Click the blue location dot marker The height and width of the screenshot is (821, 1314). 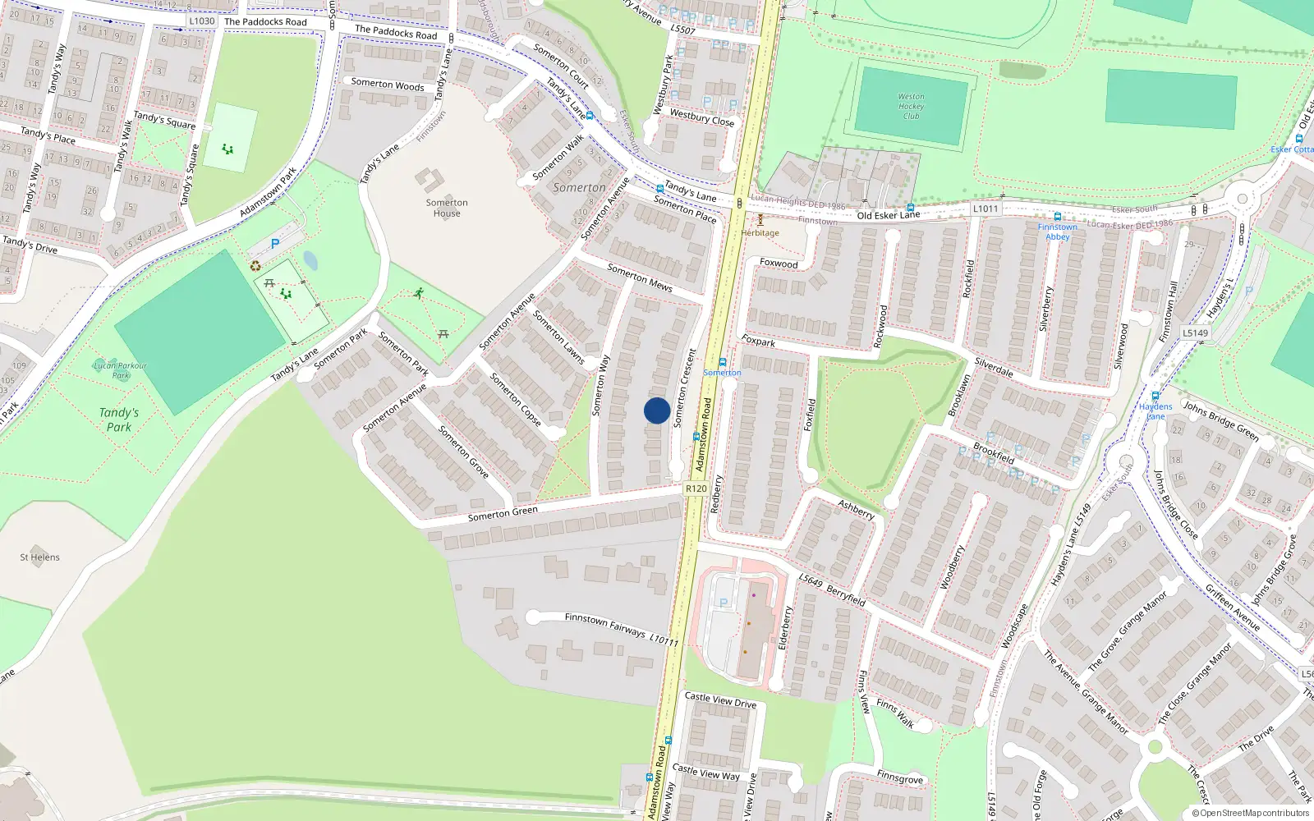click(657, 410)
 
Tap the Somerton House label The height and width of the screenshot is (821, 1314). click(447, 208)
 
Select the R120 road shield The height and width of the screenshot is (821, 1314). click(696, 488)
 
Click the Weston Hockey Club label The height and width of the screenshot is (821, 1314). click(911, 107)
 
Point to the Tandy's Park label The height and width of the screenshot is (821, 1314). click(119, 420)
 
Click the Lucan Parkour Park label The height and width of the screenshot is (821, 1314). click(120, 370)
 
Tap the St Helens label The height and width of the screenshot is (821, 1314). click(40, 557)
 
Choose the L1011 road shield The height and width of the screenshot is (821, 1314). click(985, 209)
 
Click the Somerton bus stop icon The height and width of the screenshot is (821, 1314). click(723, 362)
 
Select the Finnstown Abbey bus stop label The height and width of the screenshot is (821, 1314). click(1057, 232)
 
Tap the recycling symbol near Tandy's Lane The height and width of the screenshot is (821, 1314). click(255, 266)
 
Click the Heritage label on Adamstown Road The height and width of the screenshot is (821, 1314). click(760, 233)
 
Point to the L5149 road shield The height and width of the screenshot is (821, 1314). click(1196, 333)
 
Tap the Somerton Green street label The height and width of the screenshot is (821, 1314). click(503, 514)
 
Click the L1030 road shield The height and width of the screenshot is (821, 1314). click(201, 21)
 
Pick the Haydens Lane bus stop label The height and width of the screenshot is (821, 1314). click(1155, 411)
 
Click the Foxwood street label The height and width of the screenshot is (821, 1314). click(779, 264)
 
